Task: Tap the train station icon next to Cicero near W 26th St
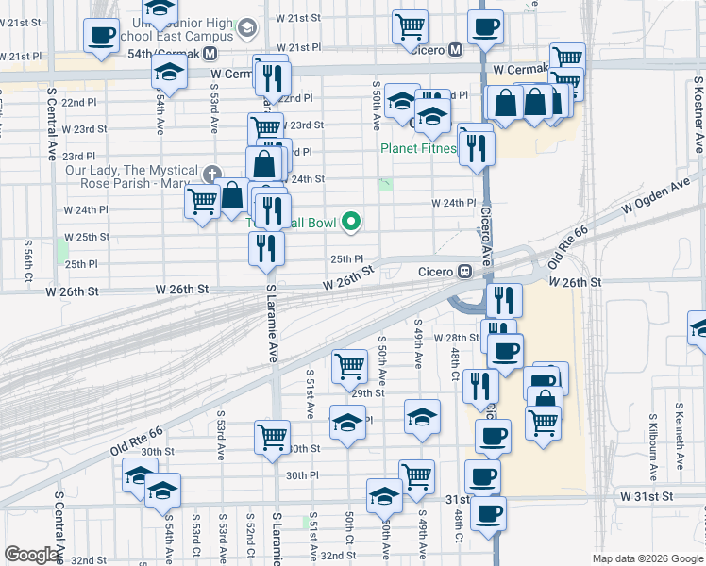464,272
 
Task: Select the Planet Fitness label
418,148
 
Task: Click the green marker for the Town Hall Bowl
352,223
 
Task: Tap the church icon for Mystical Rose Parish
211,175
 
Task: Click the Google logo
31,555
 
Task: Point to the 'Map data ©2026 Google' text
647,558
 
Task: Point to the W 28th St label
457,338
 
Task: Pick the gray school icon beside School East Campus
249,27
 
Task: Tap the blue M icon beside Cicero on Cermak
455,49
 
